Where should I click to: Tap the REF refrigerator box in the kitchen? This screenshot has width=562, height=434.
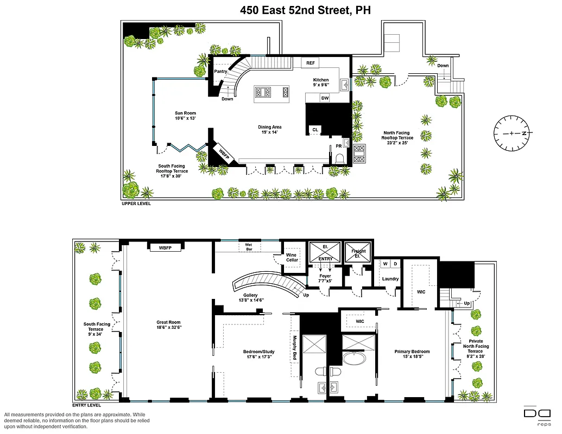[310, 63]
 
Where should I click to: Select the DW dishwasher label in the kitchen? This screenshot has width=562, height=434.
[325, 98]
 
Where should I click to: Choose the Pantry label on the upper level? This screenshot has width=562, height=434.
[220, 72]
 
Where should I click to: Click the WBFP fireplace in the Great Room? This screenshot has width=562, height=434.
[165, 248]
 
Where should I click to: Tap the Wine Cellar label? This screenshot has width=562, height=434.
[292, 257]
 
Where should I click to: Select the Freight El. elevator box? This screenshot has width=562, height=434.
[358, 253]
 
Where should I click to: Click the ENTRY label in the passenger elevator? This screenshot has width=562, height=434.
[325, 259]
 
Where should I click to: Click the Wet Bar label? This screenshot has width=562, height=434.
[249, 247]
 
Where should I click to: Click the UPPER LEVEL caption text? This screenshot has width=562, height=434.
[136, 204]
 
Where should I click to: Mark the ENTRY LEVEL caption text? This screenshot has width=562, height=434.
[89, 405]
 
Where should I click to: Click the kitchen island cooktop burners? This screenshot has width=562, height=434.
[263, 92]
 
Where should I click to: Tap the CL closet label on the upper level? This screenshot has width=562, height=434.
[315, 130]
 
